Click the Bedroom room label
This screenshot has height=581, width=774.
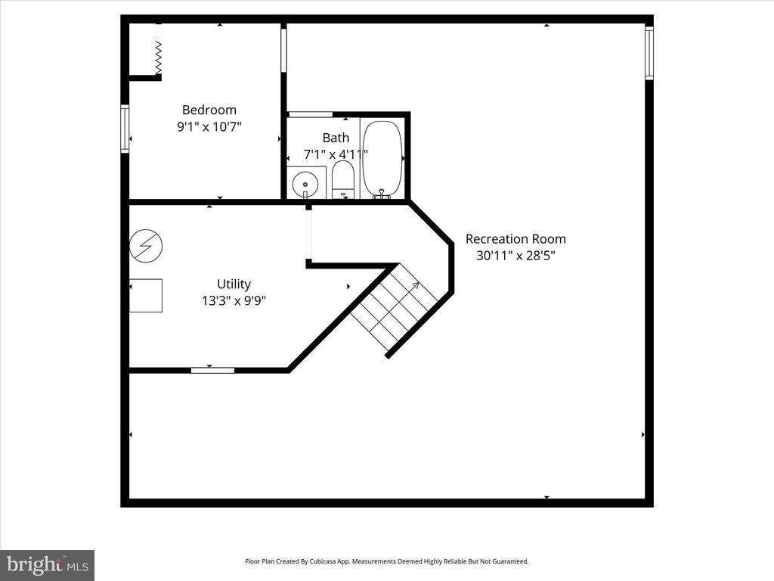[x=209, y=110]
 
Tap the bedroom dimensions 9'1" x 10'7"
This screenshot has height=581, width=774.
[x=209, y=127]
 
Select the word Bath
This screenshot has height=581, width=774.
[x=336, y=138]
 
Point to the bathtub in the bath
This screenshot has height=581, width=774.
[x=382, y=159]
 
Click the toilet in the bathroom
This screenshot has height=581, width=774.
[x=343, y=179]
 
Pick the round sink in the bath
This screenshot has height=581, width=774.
[x=305, y=185]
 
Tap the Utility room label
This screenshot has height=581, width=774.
[x=234, y=284]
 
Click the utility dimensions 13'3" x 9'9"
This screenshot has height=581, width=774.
[x=234, y=300]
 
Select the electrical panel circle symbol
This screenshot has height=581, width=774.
[x=146, y=246]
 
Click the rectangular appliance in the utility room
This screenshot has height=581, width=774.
[x=146, y=296]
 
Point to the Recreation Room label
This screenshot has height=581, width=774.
[x=515, y=239]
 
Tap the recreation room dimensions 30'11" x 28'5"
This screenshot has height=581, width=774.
[x=515, y=256]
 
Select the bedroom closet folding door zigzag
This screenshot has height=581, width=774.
[x=159, y=57]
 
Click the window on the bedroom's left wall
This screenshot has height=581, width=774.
[x=125, y=129]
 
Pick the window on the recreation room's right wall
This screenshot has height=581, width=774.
[x=649, y=53]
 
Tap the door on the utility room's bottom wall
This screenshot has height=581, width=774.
[x=212, y=370]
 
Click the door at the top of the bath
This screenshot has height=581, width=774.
[x=311, y=115]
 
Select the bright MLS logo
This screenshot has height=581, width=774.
[x=48, y=565]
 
